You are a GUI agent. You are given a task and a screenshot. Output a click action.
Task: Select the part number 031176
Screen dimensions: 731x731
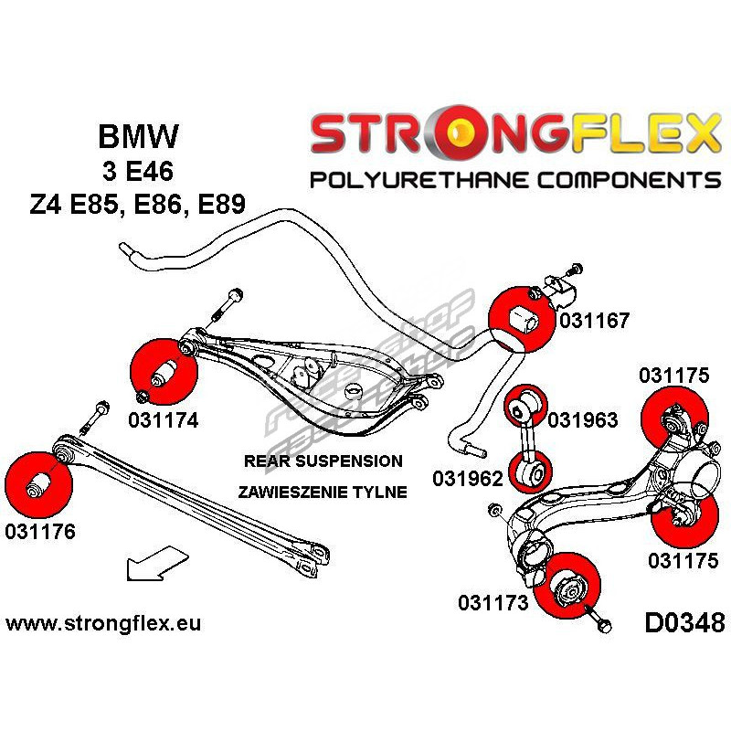click(40, 530)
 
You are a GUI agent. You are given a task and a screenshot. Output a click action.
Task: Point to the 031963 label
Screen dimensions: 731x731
click(583, 420)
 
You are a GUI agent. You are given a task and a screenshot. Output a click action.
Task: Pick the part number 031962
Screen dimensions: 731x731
click(467, 479)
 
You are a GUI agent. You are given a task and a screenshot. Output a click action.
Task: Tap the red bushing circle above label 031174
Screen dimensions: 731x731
click(164, 373)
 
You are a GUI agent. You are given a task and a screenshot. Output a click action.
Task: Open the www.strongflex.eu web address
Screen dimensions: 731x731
click(103, 624)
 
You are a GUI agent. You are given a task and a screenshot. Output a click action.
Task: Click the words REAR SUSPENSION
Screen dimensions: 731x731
click(323, 461)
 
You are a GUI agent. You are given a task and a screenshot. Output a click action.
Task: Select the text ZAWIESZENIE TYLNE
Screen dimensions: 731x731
click(323, 492)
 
